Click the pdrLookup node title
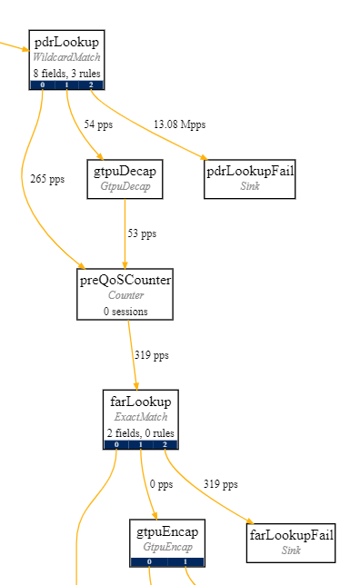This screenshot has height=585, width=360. (66, 42)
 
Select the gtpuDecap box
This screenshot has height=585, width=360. (125, 179)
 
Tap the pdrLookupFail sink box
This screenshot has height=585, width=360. (250, 179)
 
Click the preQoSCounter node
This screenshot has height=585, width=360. (125, 294)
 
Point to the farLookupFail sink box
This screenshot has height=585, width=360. (291, 542)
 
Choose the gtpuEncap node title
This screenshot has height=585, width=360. (167, 531)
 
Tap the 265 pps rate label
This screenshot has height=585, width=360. (47, 179)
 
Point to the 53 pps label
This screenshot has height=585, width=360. (142, 233)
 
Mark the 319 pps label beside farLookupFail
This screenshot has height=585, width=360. (220, 484)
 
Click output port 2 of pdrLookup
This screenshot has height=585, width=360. (91, 85)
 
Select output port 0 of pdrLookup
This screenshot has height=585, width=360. (42, 85)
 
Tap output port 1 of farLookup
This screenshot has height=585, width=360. (141, 445)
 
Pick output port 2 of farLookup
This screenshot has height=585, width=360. (165, 445)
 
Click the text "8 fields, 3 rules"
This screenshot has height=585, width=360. (66, 73)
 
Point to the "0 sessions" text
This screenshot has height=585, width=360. (125, 311)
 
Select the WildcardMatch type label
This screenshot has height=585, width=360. (66, 57)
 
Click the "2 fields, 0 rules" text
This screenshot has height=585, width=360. (141, 432)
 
